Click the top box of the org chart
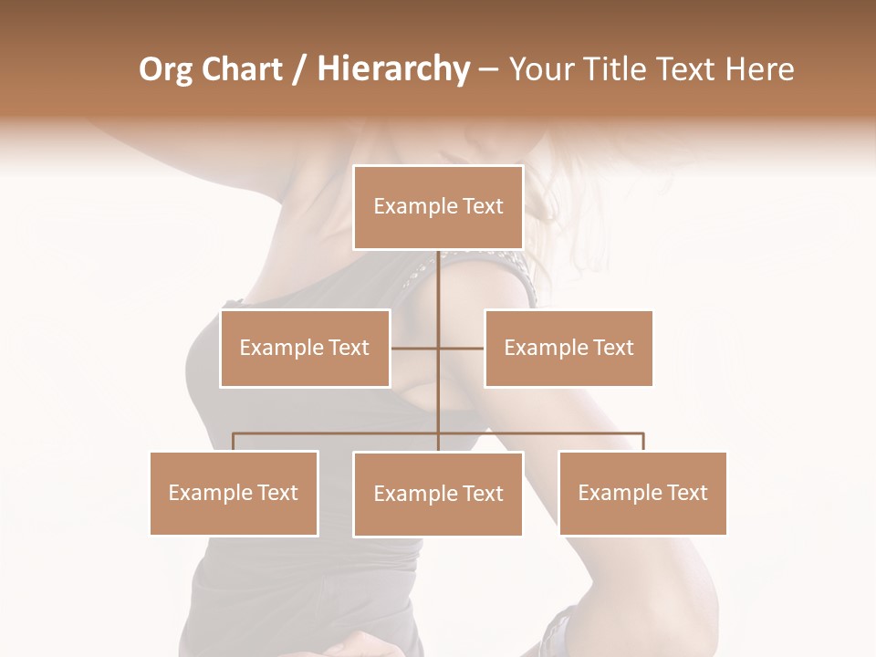pyautogui.click(x=438, y=207)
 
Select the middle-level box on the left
pyautogui.click(x=305, y=348)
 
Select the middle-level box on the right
pyautogui.click(x=568, y=348)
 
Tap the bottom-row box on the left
pyautogui.click(x=234, y=493)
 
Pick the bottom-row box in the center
pyautogui.click(x=438, y=494)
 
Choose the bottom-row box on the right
pyautogui.click(x=642, y=493)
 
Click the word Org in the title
pyautogui.click(x=165, y=70)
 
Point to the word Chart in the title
pyautogui.click(x=241, y=69)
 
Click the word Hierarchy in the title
pyautogui.click(x=393, y=70)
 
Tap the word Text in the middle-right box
pyautogui.click(x=613, y=348)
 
